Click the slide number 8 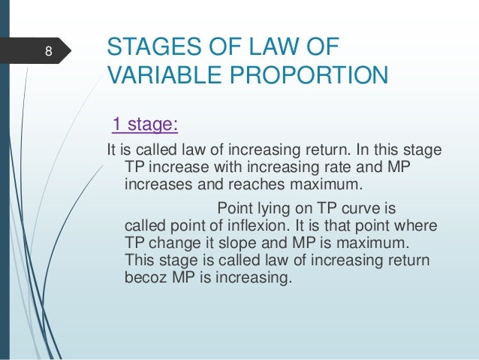point(48,52)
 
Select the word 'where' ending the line point(419,225)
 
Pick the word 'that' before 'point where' point(352,225)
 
